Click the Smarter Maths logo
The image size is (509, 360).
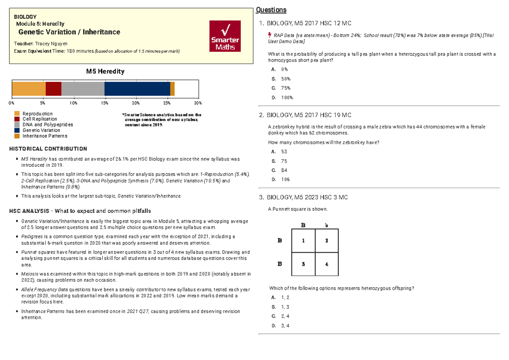[225, 36]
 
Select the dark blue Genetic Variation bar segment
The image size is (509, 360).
[137, 89]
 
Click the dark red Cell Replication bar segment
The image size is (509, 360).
[53, 89]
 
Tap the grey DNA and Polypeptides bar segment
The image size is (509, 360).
[83, 89]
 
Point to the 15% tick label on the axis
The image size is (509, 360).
[104, 103]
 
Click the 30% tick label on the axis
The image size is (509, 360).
[198, 103]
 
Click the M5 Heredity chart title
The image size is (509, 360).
[105, 71]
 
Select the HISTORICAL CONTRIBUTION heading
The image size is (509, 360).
[48, 149]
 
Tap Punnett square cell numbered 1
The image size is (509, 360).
[303, 240]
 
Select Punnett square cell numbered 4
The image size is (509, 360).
[327, 264]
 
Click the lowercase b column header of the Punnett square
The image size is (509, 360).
[327, 225]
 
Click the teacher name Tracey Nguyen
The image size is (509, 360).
[52, 44]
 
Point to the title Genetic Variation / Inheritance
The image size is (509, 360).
[69, 32]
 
